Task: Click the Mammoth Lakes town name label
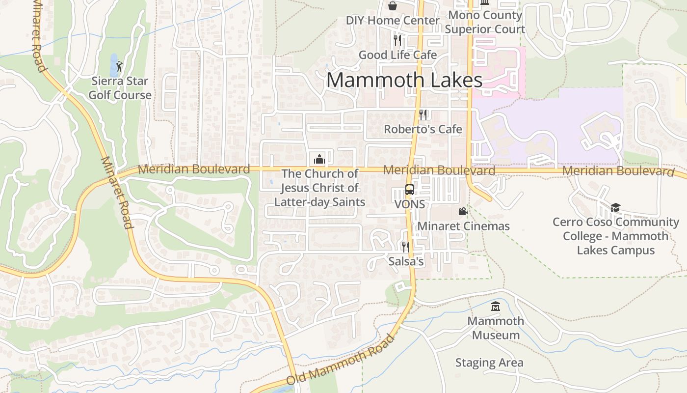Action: click(404, 80)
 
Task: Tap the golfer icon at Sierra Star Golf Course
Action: click(119, 66)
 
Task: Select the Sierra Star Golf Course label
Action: click(120, 88)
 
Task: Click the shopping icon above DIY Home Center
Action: click(393, 6)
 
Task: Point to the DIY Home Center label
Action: click(393, 21)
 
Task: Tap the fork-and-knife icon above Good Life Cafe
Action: click(397, 40)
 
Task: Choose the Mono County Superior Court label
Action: click(485, 22)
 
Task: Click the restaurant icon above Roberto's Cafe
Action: click(423, 114)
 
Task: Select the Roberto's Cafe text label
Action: click(423, 129)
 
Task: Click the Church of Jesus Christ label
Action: click(319, 188)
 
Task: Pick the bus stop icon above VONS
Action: click(409, 190)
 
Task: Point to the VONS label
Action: click(409, 204)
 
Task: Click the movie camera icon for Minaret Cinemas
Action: click(462, 212)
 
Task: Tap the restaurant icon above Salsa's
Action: click(406, 247)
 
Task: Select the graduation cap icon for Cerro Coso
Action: click(615, 207)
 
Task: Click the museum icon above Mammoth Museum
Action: click(496, 307)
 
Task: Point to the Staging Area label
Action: click(489, 363)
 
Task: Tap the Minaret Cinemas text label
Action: click(463, 226)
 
